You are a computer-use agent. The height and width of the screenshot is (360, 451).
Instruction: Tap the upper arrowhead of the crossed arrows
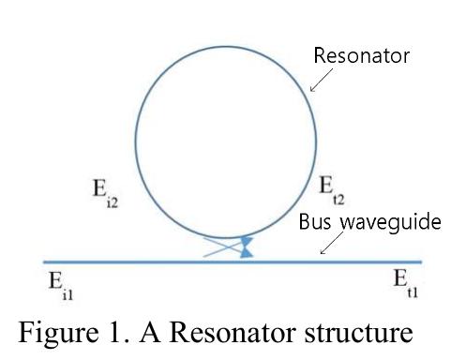coord(247,240)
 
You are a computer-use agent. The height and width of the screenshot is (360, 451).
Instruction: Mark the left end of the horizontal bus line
coord(44,262)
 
